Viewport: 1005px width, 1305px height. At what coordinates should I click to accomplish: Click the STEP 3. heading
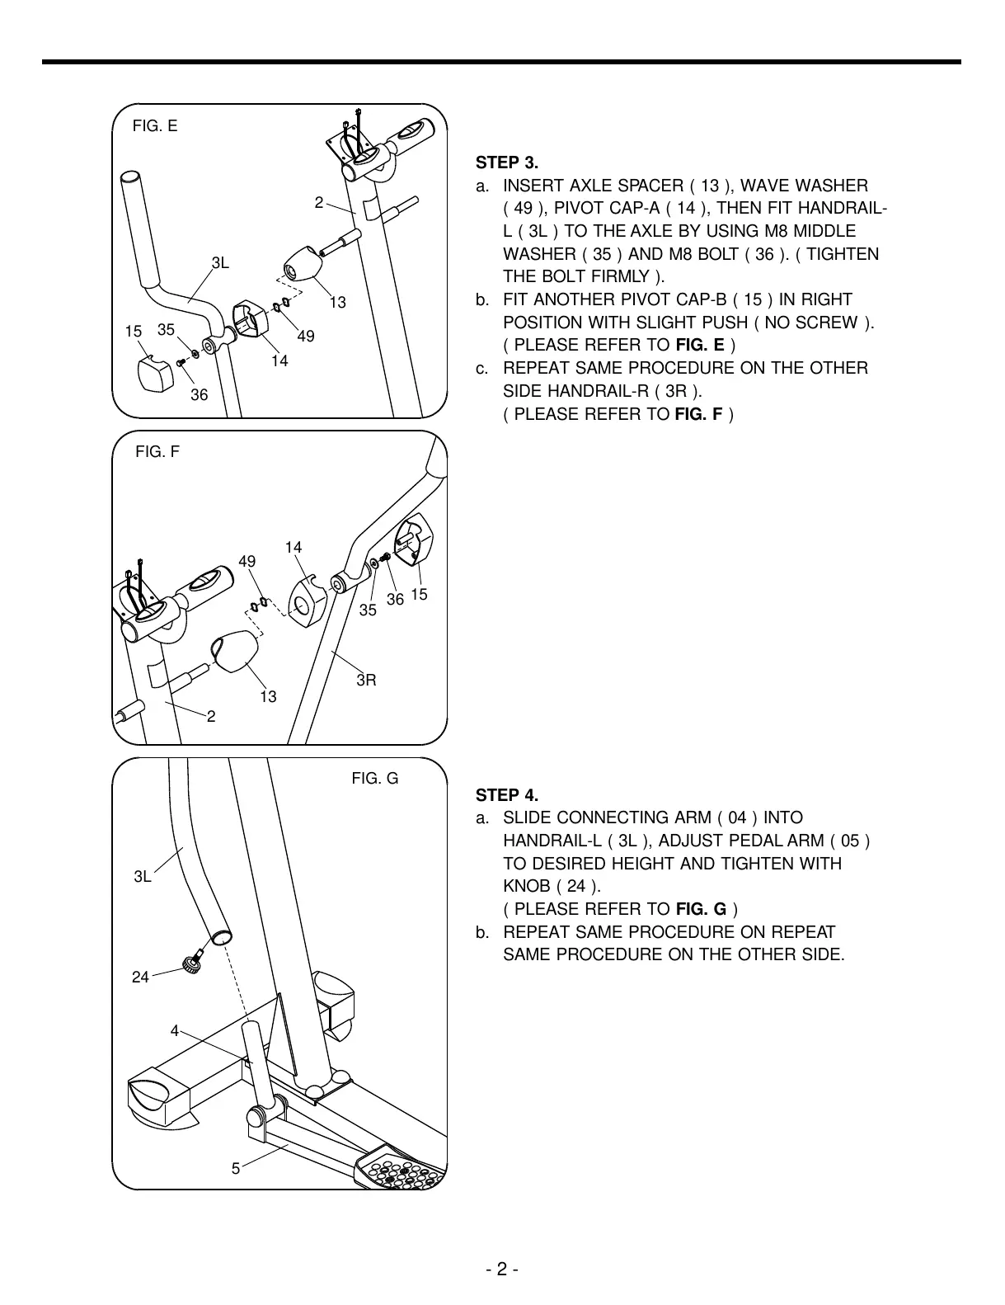point(507,163)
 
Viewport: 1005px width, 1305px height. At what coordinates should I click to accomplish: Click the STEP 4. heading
point(507,795)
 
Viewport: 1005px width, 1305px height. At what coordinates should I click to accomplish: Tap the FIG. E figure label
point(155,126)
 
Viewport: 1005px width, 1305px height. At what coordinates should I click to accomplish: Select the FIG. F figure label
point(157,451)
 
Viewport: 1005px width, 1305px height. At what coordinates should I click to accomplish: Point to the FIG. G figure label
point(375,778)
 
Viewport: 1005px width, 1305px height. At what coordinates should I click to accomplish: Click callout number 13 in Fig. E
point(338,303)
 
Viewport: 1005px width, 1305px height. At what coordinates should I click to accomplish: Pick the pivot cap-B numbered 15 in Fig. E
point(155,374)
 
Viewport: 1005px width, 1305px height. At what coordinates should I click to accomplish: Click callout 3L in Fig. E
point(220,263)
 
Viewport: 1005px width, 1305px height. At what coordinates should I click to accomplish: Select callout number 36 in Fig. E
point(200,395)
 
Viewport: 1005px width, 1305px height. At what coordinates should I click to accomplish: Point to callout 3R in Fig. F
point(366,681)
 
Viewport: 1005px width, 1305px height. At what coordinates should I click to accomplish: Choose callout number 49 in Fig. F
point(247,562)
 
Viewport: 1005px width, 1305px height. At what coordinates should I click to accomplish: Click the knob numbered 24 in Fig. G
point(192,962)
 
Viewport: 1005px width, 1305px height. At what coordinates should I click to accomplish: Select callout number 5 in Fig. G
point(236,1168)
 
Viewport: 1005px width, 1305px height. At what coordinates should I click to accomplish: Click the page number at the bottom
point(501,1270)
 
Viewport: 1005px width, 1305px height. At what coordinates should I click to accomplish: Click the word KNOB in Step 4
point(527,887)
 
